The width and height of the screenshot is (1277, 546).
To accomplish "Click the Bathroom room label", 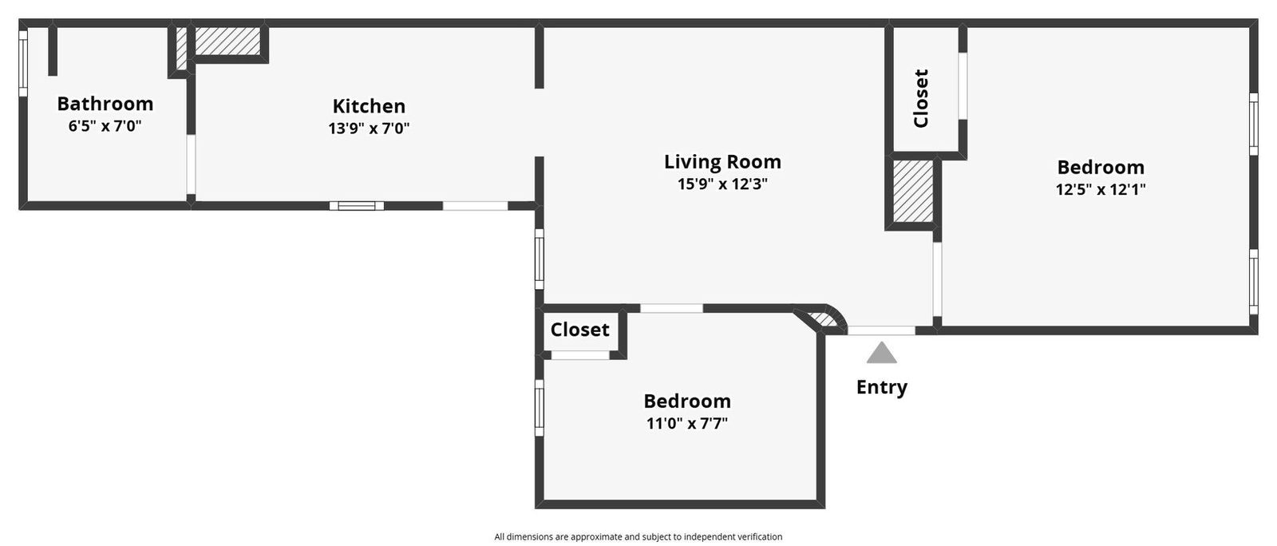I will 105,104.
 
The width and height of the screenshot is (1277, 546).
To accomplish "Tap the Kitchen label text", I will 369,106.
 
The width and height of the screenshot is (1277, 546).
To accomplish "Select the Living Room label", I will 722,162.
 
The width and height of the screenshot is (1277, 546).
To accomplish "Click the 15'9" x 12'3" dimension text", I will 722,184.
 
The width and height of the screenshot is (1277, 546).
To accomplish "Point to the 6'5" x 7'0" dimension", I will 105,126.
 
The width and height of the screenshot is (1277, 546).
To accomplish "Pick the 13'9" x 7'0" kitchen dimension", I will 369,129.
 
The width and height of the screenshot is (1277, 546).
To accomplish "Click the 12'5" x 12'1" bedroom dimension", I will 1101,190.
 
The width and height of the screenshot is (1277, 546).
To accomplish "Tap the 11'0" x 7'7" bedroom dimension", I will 687,423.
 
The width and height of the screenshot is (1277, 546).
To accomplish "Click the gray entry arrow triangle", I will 881,353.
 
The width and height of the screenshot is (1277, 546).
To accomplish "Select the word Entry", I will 881,387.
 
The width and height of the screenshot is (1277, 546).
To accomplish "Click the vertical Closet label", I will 921,98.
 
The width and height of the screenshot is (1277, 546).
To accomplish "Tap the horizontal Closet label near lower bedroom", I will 579,330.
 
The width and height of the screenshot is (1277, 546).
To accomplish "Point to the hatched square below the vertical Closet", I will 912,192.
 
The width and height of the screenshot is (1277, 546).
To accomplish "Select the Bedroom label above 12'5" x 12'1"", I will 1101,168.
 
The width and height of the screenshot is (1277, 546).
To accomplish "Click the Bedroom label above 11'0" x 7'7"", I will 687,401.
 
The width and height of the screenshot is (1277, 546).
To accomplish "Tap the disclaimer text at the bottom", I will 638,537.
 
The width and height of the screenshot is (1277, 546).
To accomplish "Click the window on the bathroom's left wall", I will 23,63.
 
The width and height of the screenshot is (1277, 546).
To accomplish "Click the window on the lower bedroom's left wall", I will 540,407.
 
